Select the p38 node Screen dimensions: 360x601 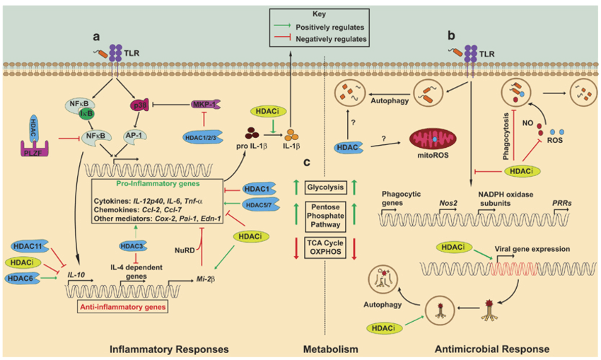139,105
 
